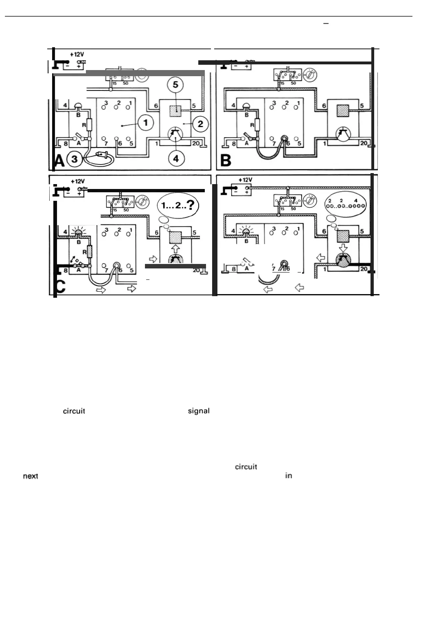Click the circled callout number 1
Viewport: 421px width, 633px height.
point(146,122)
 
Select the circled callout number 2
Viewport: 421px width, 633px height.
point(200,124)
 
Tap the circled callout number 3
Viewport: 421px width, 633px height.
point(74,159)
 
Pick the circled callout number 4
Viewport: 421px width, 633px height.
point(176,158)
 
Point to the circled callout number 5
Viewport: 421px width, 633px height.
point(176,85)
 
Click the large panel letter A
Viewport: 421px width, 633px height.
point(59,161)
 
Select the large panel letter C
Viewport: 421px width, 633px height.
point(60,286)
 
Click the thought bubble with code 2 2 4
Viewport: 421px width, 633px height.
point(346,203)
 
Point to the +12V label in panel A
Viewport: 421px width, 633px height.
point(77,54)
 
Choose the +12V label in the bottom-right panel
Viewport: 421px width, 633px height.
point(245,180)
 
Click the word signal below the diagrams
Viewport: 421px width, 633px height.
point(199,411)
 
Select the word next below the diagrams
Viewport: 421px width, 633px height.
point(31,476)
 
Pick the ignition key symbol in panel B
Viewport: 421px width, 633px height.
point(311,75)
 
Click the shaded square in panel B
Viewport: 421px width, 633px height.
point(343,110)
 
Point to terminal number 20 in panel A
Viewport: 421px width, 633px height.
point(196,143)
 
